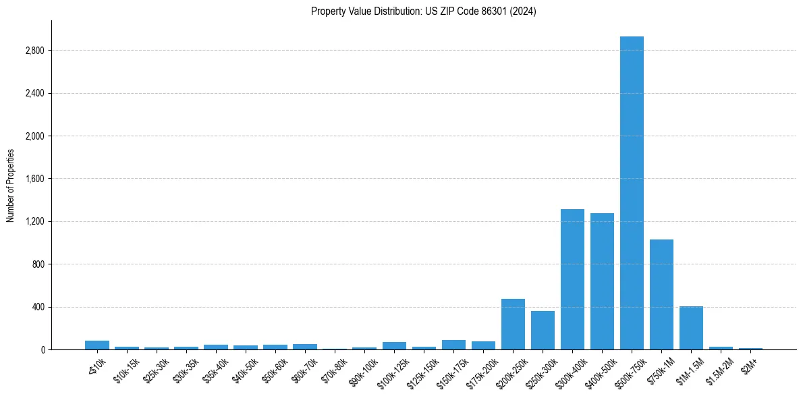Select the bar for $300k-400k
coord(572,279)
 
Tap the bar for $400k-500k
coord(602,281)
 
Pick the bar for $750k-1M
coord(661,294)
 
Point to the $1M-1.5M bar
coord(691,328)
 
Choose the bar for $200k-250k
coord(513,324)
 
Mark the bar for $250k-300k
coord(543,331)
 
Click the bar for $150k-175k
coord(453,345)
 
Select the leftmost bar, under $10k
coord(97,345)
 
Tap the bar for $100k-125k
coord(394,345)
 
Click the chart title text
coord(424,11)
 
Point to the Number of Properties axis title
coord(11,185)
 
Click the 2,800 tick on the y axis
coord(34,51)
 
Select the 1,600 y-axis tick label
coord(34,179)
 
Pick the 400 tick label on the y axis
coord(38,307)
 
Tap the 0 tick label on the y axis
coord(42,349)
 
